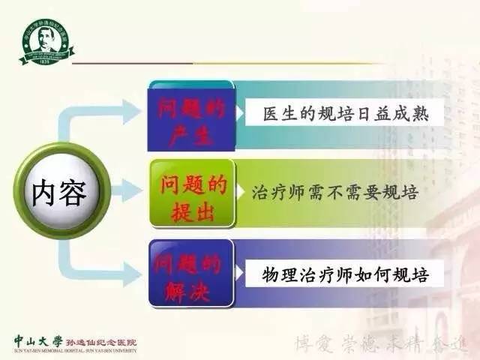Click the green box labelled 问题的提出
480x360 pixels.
pos(191,196)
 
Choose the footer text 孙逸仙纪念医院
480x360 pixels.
pos(97,338)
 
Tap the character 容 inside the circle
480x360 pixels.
pos(73,193)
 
